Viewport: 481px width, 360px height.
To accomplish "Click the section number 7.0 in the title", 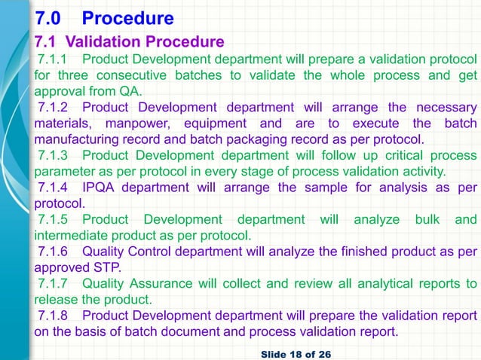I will (54, 17).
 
